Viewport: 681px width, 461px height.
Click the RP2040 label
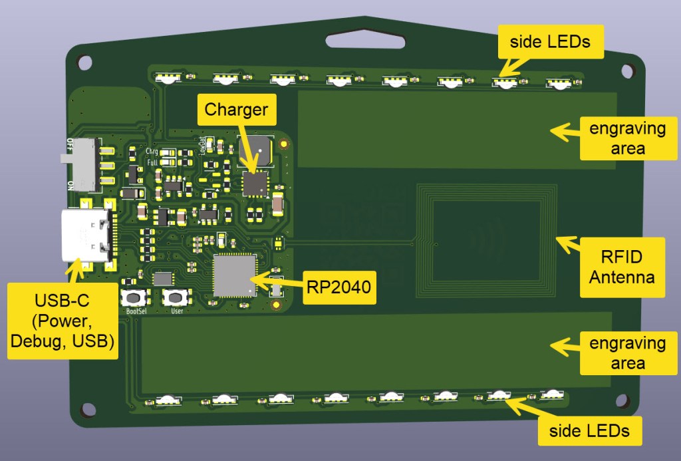(x=338, y=287)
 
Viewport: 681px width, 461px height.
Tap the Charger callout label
(x=236, y=110)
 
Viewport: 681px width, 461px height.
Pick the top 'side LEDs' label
(x=550, y=41)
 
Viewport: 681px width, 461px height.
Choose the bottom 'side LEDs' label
(x=589, y=430)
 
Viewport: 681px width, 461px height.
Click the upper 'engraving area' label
(x=627, y=138)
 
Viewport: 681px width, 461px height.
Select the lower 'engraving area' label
(x=627, y=354)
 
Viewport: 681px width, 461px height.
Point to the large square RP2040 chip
(x=235, y=275)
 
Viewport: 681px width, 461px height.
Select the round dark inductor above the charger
(x=256, y=150)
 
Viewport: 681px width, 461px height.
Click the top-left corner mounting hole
(x=85, y=63)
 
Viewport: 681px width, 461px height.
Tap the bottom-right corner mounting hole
(x=622, y=400)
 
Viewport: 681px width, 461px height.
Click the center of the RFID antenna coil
(x=486, y=240)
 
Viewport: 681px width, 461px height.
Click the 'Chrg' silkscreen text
(x=152, y=152)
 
